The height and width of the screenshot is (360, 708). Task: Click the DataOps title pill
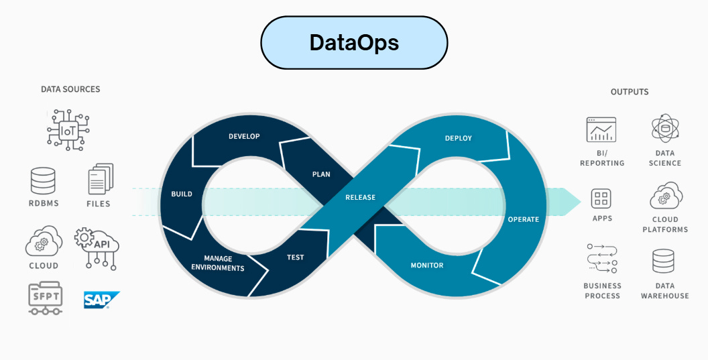pyautogui.click(x=354, y=43)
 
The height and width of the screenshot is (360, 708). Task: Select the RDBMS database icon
pyautogui.click(x=43, y=181)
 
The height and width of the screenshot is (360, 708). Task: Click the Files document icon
pyautogui.click(x=100, y=180)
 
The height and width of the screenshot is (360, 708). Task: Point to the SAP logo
pyautogui.click(x=101, y=300)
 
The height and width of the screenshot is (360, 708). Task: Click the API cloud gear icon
pyautogui.click(x=97, y=246)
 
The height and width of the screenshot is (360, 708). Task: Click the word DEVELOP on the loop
pyautogui.click(x=244, y=137)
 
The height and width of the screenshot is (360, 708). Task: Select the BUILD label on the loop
pyautogui.click(x=181, y=194)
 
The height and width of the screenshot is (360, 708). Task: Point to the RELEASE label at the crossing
pyautogui.click(x=360, y=198)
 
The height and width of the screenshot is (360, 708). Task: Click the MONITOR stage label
pyautogui.click(x=427, y=265)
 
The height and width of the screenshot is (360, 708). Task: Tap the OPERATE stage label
pyautogui.click(x=523, y=219)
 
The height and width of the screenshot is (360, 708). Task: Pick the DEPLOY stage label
pyautogui.click(x=459, y=138)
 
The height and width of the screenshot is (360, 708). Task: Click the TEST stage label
pyautogui.click(x=295, y=257)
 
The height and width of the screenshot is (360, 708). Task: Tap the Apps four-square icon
pyautogui.click(x=601, y=198)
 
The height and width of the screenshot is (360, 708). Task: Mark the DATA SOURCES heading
pyautogui.click(x=70, y=89)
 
